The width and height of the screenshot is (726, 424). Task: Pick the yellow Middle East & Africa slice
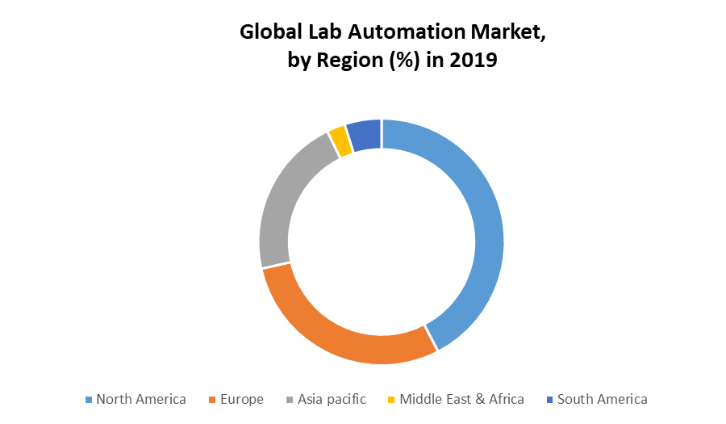tap(340, 141)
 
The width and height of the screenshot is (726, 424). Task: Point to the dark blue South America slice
tap(365, 134)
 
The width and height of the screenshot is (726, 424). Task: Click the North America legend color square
tap(89, 400)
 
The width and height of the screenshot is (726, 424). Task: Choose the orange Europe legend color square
tap(212, 400)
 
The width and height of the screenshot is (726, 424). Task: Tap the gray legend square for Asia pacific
tap(290, 400)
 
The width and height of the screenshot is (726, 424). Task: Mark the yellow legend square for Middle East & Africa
tap(392, 400)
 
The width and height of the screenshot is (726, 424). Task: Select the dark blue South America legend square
tap(550, 400)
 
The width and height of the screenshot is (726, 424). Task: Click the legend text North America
tap(141, 399)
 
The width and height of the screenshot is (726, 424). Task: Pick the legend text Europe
tap(242, 399)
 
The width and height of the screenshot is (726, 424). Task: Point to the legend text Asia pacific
tap(332, 399)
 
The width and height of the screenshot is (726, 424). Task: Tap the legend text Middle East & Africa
tap(462, 399)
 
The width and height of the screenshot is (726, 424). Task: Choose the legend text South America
tap(603, 399)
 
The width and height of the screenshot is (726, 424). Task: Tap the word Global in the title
tap(268, 33)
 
